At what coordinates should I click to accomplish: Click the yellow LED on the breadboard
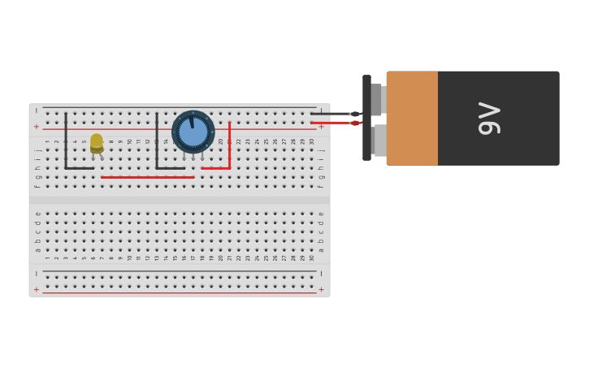tap(97, 143)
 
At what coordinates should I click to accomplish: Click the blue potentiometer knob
tap(193, 132)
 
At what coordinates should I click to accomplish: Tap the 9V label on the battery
tap(490, 119)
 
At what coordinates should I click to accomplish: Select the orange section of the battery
tap(412, 119)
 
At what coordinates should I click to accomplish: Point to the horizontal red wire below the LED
tap(147, 177)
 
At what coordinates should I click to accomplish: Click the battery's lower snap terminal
tap(379, 140)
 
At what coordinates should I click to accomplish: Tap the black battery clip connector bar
tap(366, 118)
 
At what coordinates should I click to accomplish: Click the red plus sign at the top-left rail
tap(36, 127)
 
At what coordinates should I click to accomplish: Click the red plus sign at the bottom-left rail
tap(36, 289)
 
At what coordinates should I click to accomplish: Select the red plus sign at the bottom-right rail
tap(321, 289)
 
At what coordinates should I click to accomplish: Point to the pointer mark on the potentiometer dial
tap(191, 123)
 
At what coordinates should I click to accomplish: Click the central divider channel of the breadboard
tap(180, 200)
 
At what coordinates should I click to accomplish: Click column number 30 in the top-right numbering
tap(312, 141)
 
